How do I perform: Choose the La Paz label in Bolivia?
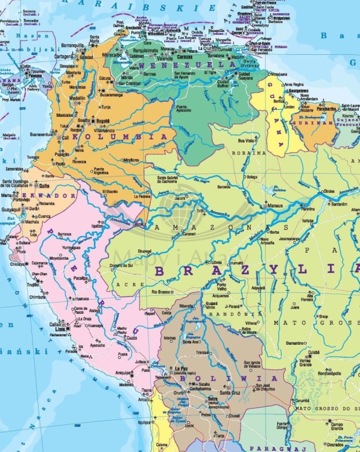click(180, 368)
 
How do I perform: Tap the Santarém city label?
click(339, 204)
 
